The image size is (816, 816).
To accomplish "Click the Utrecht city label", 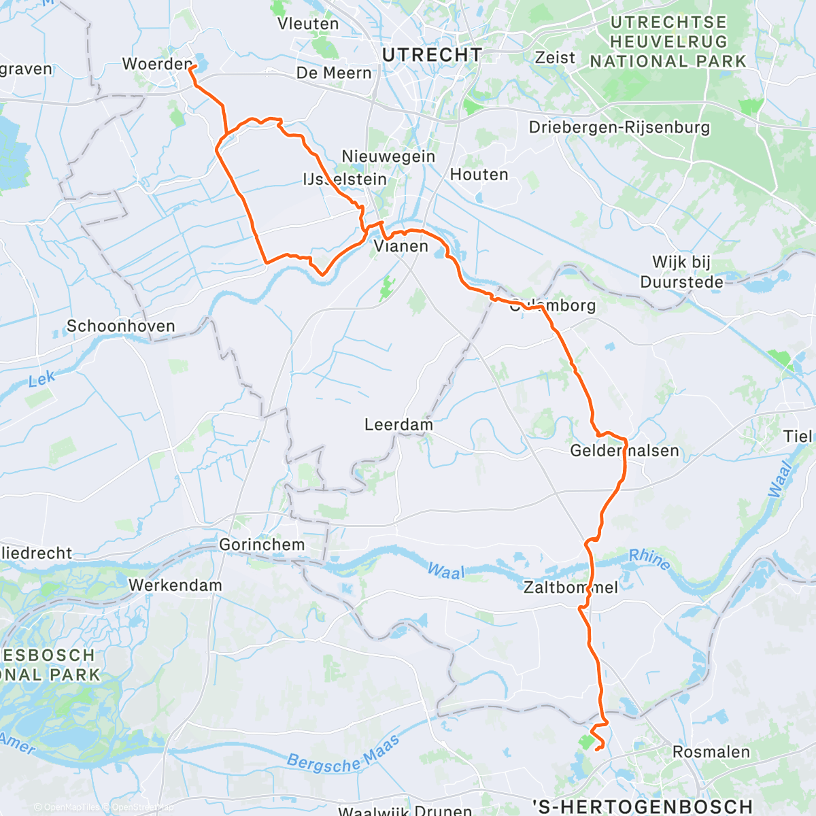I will coord(432,55).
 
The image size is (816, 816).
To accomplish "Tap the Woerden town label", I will coord(157,64).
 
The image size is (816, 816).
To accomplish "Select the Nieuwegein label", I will coord(388,156).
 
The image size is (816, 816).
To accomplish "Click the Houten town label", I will coord(479,175).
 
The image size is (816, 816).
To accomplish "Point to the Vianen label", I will coord(401,246).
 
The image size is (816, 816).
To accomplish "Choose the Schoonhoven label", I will coord(121,326).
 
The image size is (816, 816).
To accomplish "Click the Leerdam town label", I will coord(398,425).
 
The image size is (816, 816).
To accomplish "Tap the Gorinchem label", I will coord(262,545).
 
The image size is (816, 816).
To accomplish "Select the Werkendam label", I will coord(175,585).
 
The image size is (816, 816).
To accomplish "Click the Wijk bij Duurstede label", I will coord(681,272).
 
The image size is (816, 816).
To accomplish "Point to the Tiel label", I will coord(798,437).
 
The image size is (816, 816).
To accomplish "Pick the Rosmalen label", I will coord(711,752).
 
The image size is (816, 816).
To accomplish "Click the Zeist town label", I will coord(555,58).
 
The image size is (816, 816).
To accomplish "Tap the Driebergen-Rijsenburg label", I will coord(619,128).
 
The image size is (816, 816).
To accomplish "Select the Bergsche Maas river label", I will coord(343,754).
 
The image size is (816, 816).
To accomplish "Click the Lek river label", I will coord(42,379).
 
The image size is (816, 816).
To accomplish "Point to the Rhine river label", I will coord(649,559).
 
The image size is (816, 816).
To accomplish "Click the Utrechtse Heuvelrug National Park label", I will coord(668,42).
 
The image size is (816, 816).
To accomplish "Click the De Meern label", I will coord(334,73).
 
